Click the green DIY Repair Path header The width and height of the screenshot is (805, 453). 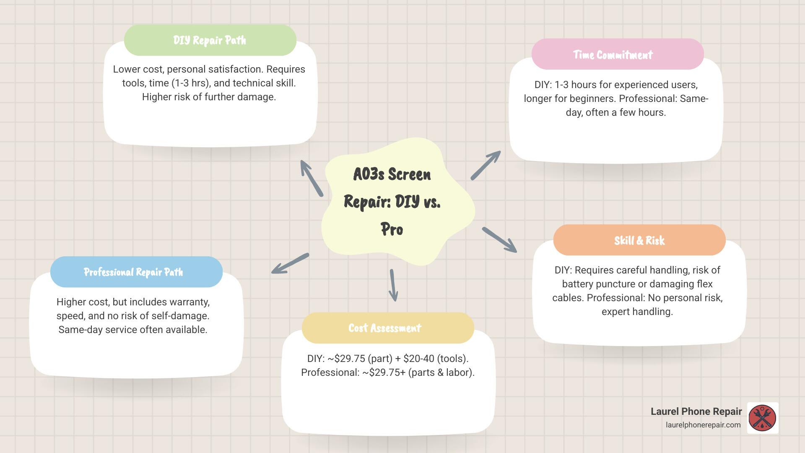pos(210,40)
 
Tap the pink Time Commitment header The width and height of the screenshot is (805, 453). pos(617,55)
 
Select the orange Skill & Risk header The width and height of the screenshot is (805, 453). pos(639,240)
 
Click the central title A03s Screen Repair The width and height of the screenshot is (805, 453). pos(392,174)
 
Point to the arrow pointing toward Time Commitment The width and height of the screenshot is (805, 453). pos(486,165)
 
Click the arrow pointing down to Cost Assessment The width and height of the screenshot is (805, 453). pos(393,285)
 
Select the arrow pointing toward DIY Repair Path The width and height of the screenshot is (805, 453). pos(311,178)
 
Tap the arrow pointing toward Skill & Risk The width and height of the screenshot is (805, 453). pos(499,240)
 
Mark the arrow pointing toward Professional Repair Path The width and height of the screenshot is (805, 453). pos(290,264)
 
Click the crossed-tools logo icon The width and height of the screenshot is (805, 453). pos(762,418)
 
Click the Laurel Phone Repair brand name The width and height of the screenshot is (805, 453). pos(696,411)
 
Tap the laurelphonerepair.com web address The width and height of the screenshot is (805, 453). pos(703,425)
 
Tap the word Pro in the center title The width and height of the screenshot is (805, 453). pos(392,229)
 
